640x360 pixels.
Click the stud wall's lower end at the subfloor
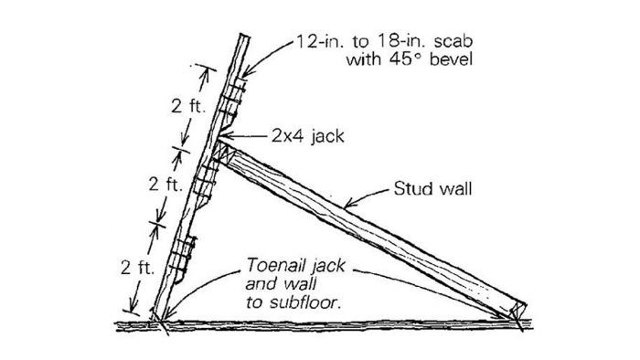pos(517,315)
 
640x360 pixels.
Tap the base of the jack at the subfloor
pos(158,319)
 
